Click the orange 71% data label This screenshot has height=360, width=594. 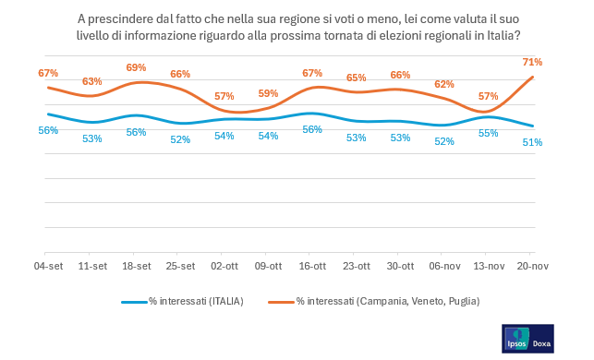coord(532,62)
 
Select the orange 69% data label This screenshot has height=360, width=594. coord(136,67)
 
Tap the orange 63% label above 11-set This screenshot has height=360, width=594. coord(92,81)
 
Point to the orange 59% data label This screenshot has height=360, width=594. coord(268,93)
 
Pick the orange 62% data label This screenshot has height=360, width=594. coord(444,84)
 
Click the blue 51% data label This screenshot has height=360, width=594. coord(532,142)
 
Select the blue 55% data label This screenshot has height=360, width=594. coord(488,133)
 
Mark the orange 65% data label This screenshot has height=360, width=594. coord(356,78)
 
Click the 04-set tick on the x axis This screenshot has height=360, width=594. coord(48,266)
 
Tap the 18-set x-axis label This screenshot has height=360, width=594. coord(136,266)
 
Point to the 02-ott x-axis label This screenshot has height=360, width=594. coord(224,266)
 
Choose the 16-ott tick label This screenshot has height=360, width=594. coord(311,266)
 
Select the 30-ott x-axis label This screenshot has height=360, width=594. coord(400,266)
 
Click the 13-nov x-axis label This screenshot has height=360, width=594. coord(488,266)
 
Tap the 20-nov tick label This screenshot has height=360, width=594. coord(532,266)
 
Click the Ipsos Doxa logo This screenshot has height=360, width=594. coord(527,338)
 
